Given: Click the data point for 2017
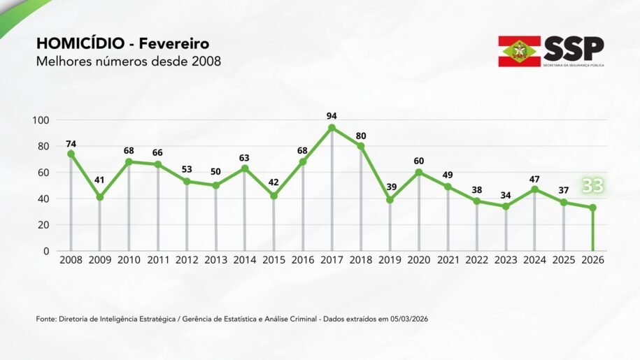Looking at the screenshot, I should pyautogui.click(x=332, y=128).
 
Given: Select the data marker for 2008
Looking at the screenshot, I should pyautogui.click(x=71, y=154).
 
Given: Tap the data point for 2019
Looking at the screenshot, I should pyautogui.click(x=390, y=200).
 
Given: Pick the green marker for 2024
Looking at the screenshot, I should pyautogui.click(x=535, y=189).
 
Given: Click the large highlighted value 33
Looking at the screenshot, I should pyautogui.click(x=592, y=186).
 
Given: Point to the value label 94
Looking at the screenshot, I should pyautogui.click(x=332, y=115).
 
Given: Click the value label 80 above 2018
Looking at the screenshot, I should pyautogui.click(x=361, y=135).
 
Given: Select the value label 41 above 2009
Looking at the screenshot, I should pyautogui.click(x=99, y=180).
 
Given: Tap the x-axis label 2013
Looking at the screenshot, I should pyautogui.click(x=215, y=260).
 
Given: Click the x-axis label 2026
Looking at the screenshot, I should pyautogui.click(x=592, y=260).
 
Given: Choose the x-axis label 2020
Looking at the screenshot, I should pyautogui.click(x=419, y=260).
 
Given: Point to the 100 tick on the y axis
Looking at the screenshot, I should pyautogui.click(x=41, y=120).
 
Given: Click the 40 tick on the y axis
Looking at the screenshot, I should pyautogui.click(x=43, y=199).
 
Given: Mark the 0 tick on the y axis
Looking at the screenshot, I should pyautogui.click(x=46, y=251).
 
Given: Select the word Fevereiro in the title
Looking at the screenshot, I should pyautogui.click(x=173, y=45).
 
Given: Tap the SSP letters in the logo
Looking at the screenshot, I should pyautogui.click(x=574, y=48).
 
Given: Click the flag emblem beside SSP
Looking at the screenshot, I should pyautogui.click(x=519, y=51).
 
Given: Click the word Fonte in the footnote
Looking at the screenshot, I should pyautogui.click(x=47, y=319).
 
